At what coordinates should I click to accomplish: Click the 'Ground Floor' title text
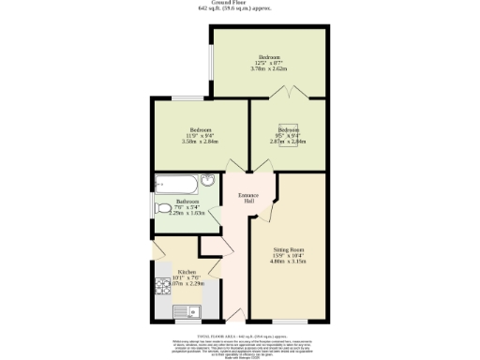[x=241, y=3]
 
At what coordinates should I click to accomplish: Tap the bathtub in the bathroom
[x=179, y=182]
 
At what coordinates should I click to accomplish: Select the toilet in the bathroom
[x=163, y=208]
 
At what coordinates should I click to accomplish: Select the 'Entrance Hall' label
[x=247, y=198]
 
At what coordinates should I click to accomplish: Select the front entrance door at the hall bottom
[x=235, y=314]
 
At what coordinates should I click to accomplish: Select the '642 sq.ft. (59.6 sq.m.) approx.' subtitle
[x=241, y=9]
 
